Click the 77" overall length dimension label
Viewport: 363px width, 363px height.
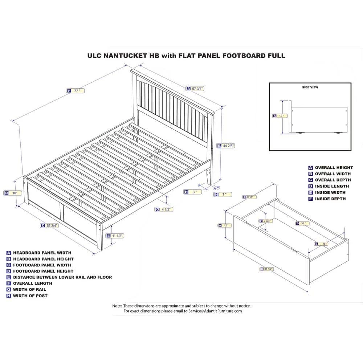click(x=76, y=91)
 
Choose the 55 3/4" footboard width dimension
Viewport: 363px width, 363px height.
click(x=50, y=226)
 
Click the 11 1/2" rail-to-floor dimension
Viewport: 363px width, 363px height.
click(x=115, y=236)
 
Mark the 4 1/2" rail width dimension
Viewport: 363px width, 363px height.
click(x=164, y=209)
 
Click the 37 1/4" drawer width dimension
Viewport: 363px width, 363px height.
click(x=267, y=269)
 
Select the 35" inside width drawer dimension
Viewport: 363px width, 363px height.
click(x=303, y=224)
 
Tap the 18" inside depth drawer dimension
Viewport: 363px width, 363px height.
click(x=322, y=244)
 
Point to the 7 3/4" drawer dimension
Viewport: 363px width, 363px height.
click(x=266, y=221)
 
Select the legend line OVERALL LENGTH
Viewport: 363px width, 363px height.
click(x=33, y=283)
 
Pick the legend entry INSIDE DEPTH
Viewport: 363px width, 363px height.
click(x=330, y=199)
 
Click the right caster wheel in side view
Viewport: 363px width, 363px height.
click(x=338, y=133)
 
